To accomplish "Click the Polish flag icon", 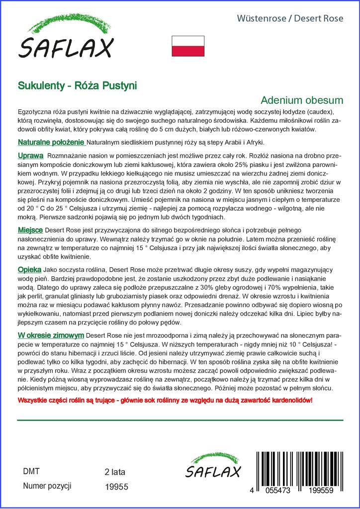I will [188, 46].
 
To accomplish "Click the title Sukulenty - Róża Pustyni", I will [78, 85].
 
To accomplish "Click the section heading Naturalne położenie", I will [51, 143].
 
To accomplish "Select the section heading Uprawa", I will [30, 156].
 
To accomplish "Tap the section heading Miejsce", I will [31, 230].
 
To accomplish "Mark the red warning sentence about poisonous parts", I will [165, 400].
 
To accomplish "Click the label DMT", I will [31, 471].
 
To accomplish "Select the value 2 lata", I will [115, 472].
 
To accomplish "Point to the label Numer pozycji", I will [47, 486].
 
